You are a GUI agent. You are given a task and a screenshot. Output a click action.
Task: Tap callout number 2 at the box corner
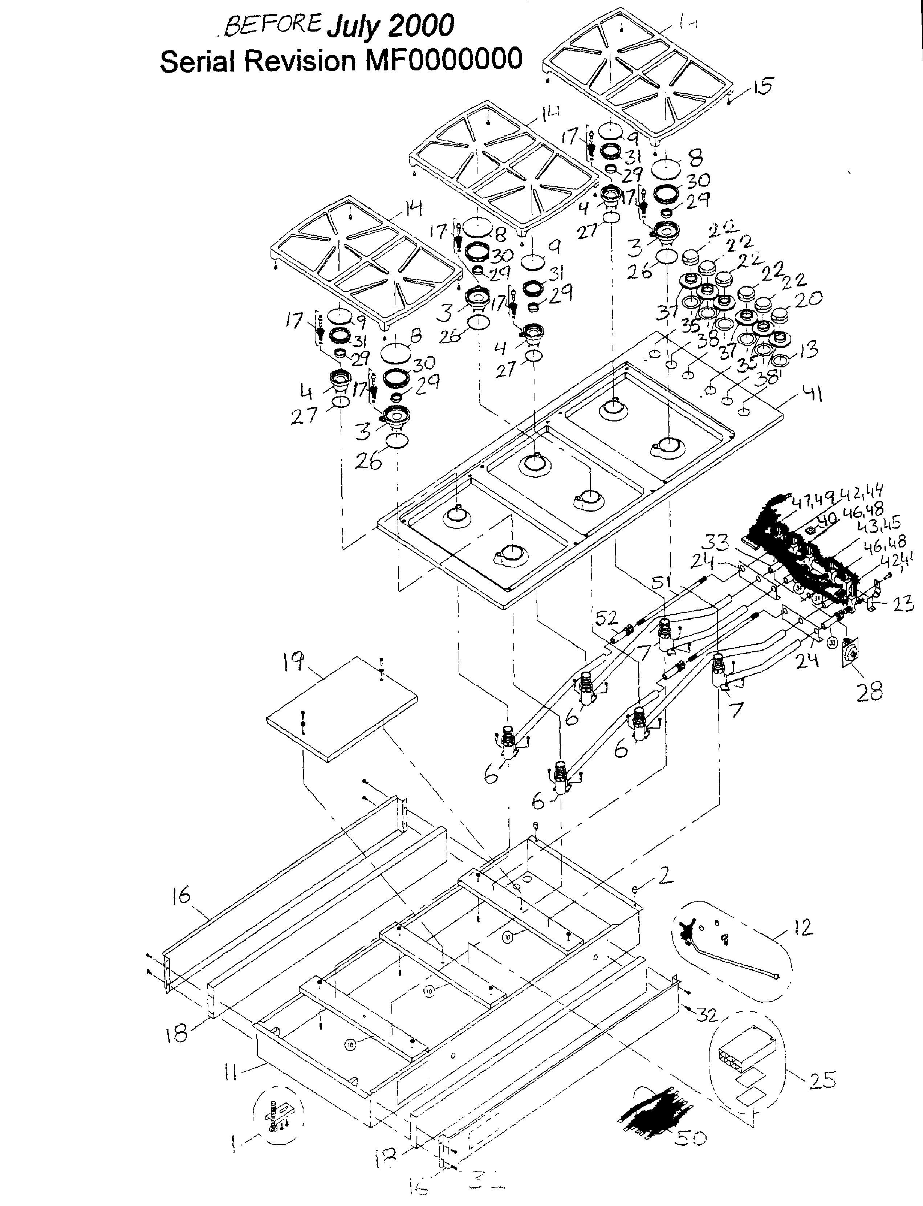[665, 875]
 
